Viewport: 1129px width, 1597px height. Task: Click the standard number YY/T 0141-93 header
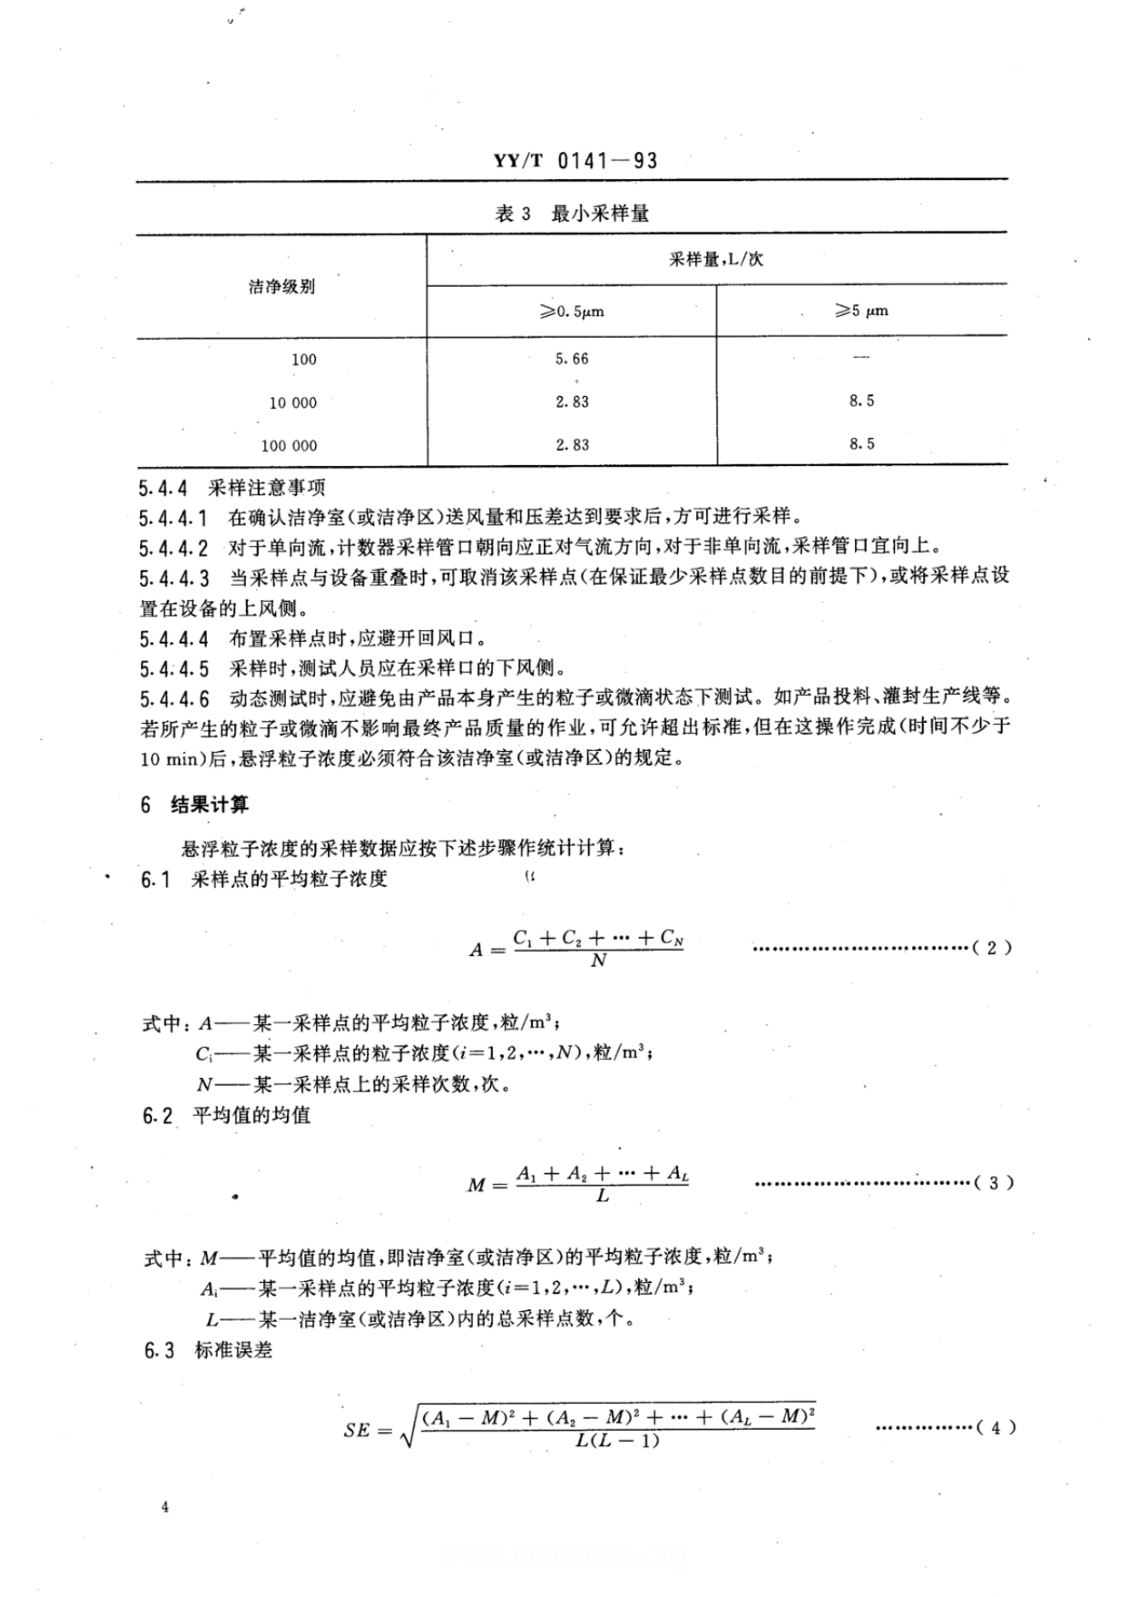576,160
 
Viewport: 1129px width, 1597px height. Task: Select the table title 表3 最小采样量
571,213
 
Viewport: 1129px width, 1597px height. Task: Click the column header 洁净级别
282,287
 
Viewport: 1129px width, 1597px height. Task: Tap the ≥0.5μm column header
571,312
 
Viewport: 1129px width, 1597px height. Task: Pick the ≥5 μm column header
862,311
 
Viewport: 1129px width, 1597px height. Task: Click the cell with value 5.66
571,359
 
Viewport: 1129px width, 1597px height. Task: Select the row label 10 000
293,403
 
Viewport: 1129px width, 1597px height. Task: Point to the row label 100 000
289,446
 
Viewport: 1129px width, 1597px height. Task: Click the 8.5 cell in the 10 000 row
862,401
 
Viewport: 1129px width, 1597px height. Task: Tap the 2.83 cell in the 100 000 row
571,445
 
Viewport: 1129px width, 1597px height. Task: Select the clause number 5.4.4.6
174,699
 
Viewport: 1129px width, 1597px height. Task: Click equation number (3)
993,1183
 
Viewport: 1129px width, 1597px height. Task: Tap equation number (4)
995,1427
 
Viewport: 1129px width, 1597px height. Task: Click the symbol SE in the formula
357,1430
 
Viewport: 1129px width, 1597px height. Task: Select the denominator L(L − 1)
617,1442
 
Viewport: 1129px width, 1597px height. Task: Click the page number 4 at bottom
165,1507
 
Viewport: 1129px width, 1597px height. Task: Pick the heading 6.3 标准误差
208,1350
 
